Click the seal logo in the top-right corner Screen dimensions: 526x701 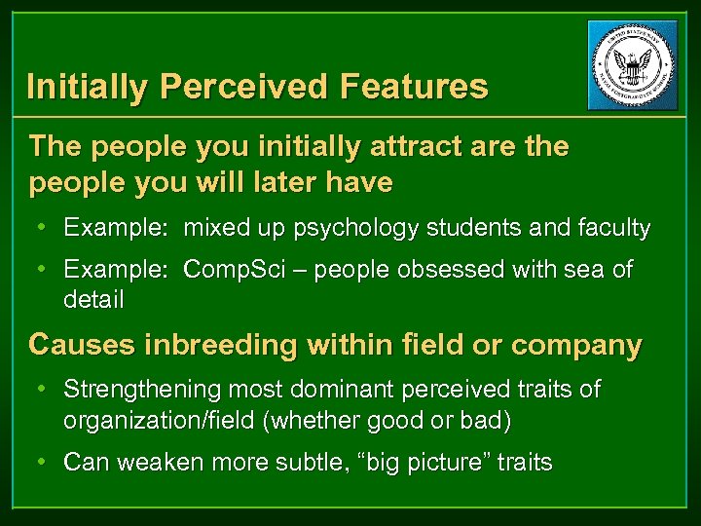pos(632,65)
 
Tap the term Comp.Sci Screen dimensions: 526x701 pos(231,270)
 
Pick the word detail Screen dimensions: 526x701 pos(93,300)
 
